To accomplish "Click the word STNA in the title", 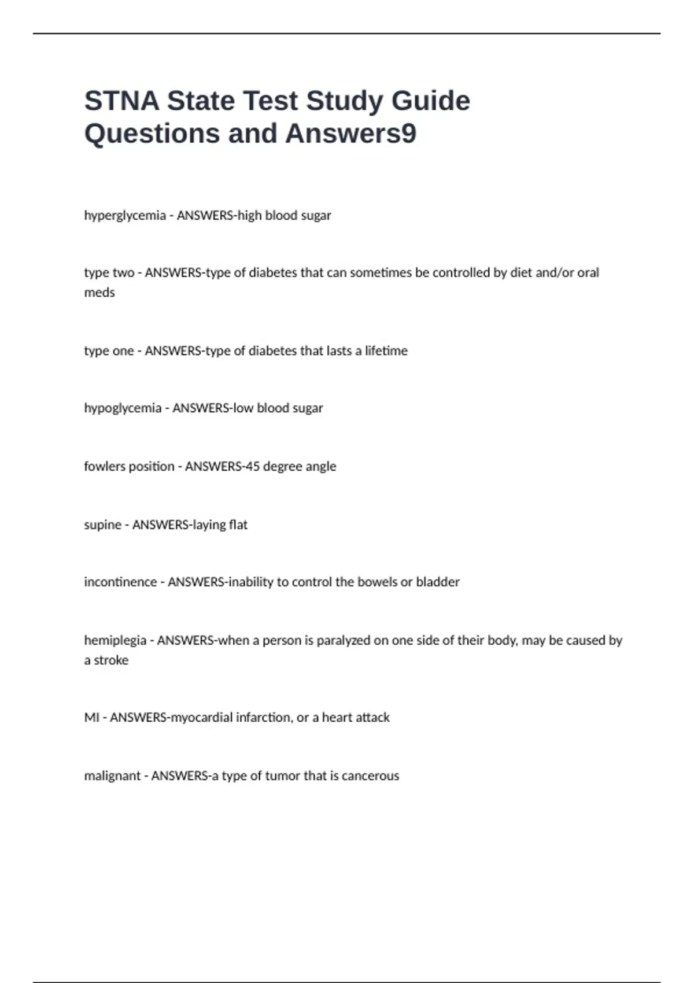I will [121, 101].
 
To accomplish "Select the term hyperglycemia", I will [125, 216].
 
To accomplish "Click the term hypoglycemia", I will [123, 408].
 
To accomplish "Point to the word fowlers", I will [105, 466].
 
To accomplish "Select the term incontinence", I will [120, 582].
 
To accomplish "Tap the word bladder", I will [438, 582].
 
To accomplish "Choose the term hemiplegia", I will [115, 641].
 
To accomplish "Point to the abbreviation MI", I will [91, 718].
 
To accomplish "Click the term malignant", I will [112, 776].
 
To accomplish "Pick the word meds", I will [99, 293].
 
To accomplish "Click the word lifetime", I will [386, 351].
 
